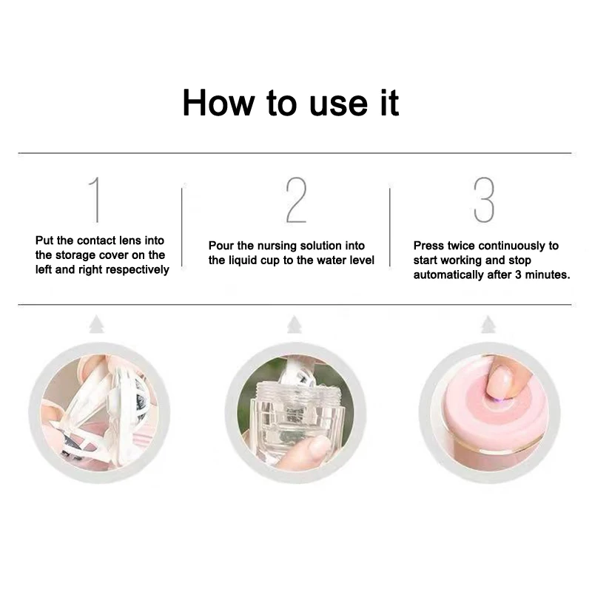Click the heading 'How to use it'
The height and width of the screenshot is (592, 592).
[x=291, y=102]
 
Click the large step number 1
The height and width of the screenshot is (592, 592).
[x=94, y=200]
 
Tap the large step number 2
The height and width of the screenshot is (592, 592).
[x=296, y=200]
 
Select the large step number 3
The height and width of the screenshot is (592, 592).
[x=484, y=200]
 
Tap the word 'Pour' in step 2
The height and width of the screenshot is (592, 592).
[x=221, y=246]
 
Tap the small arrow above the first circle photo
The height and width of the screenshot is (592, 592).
[x=94, y=324]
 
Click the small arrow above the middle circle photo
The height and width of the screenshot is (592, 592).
[x=295, y=324]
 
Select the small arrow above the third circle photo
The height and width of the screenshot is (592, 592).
[x=487, y=324]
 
